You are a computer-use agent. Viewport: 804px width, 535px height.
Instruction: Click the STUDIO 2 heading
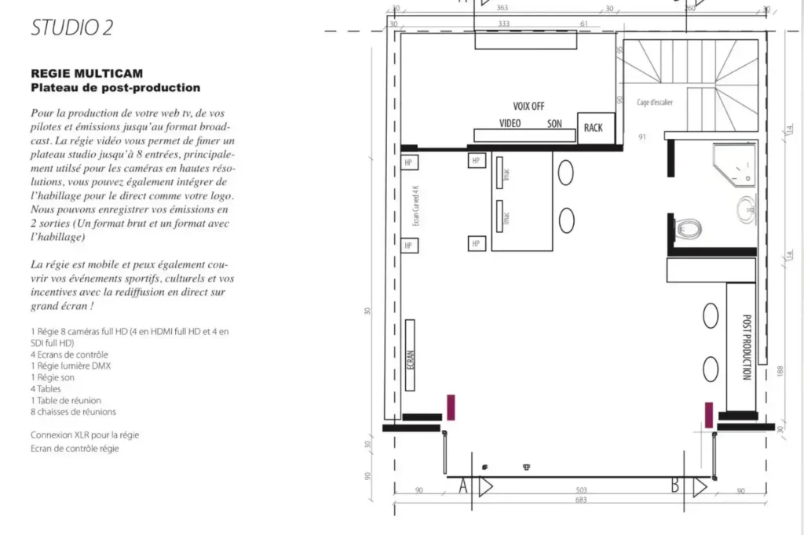(x=72, y=27)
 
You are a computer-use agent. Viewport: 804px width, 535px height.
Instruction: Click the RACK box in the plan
(x=594, y=127)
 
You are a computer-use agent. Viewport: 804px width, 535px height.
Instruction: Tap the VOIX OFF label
(x=528, y=106)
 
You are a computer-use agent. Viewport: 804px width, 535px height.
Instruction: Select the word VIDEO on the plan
(x=510, y=124)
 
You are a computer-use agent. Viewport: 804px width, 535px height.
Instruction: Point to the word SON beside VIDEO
(x=554, y=124)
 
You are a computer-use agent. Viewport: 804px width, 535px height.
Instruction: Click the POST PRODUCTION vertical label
(x=747, y=348)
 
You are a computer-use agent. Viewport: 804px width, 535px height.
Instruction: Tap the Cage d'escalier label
(x=655, y=102)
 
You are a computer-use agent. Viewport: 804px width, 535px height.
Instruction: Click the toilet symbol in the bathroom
(x=688, y=229)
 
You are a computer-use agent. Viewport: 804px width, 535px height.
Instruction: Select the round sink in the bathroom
(x=747, y=209)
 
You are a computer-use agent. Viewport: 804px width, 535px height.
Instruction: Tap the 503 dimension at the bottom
(x=582, y=490)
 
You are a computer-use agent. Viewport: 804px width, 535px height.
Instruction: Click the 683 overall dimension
(x=582, y=500)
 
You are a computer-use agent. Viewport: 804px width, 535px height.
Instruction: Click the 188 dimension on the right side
(x=780, y=369)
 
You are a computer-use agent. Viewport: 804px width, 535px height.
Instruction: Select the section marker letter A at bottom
(x=463, y=487)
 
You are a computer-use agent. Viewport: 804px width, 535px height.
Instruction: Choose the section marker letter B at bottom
(x=674, y=487)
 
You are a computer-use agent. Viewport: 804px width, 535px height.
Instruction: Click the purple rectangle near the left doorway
(x=451, y=407)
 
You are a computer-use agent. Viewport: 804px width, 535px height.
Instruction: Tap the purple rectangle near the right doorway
(x=709, y=414)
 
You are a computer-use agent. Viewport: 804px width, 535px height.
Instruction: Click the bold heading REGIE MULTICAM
(x=86, y=74)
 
